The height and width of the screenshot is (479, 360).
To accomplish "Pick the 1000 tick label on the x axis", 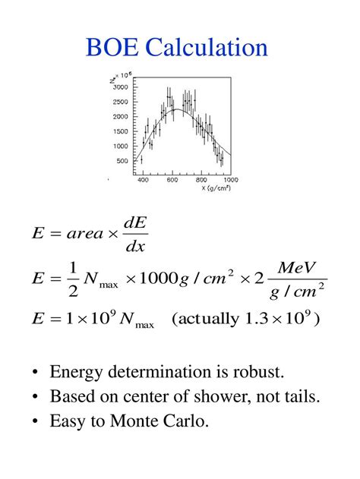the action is pyautogui.click(x=230, y=180).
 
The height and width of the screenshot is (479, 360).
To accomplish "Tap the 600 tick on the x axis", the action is pyautogui.click(x=172, y=180).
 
